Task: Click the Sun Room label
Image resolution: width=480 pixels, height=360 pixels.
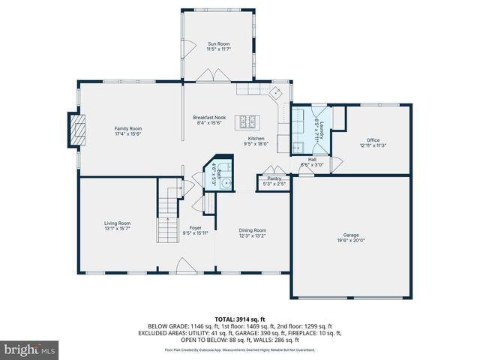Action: tap(218, 45)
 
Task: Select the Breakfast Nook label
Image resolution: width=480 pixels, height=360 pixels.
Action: tap(209, 118)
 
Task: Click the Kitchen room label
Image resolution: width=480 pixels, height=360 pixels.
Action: tap(257, 139)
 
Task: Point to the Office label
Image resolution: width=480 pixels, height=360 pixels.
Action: tap(373, 140)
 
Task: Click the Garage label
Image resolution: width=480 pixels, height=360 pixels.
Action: tap(352, 235)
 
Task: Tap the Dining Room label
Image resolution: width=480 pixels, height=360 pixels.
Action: tap(252, 230)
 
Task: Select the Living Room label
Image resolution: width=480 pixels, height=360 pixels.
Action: tap(117, 223)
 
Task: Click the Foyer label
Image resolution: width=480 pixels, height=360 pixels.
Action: tap(195, 228)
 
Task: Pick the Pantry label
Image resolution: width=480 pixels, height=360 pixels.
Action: tap(274, 178)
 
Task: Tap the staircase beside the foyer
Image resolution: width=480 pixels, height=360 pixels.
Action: tap(166, 217)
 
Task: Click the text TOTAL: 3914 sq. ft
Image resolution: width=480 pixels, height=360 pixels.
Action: tap(240, 319)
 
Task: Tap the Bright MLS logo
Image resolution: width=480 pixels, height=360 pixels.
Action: tap(30, 349)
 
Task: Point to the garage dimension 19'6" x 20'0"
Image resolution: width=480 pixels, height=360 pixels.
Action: tap(352, 241)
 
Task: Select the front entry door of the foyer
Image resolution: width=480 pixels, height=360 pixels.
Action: tap(184, 266)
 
